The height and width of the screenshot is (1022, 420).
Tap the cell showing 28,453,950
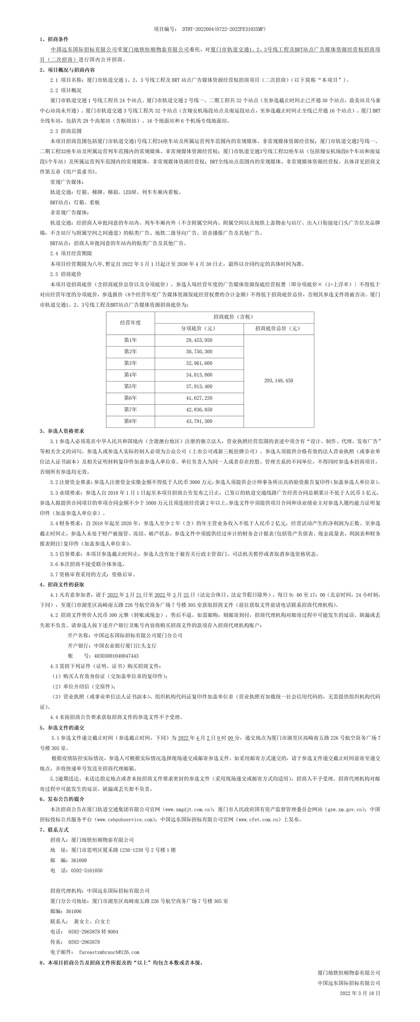[199, 340]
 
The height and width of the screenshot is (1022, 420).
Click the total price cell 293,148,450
[279, 380]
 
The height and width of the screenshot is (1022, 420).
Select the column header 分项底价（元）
[199, 329]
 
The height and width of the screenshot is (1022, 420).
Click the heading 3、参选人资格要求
[62, 431]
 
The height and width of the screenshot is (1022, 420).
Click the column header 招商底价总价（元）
[279, 329]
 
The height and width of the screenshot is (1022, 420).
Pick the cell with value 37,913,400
[199, 386]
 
